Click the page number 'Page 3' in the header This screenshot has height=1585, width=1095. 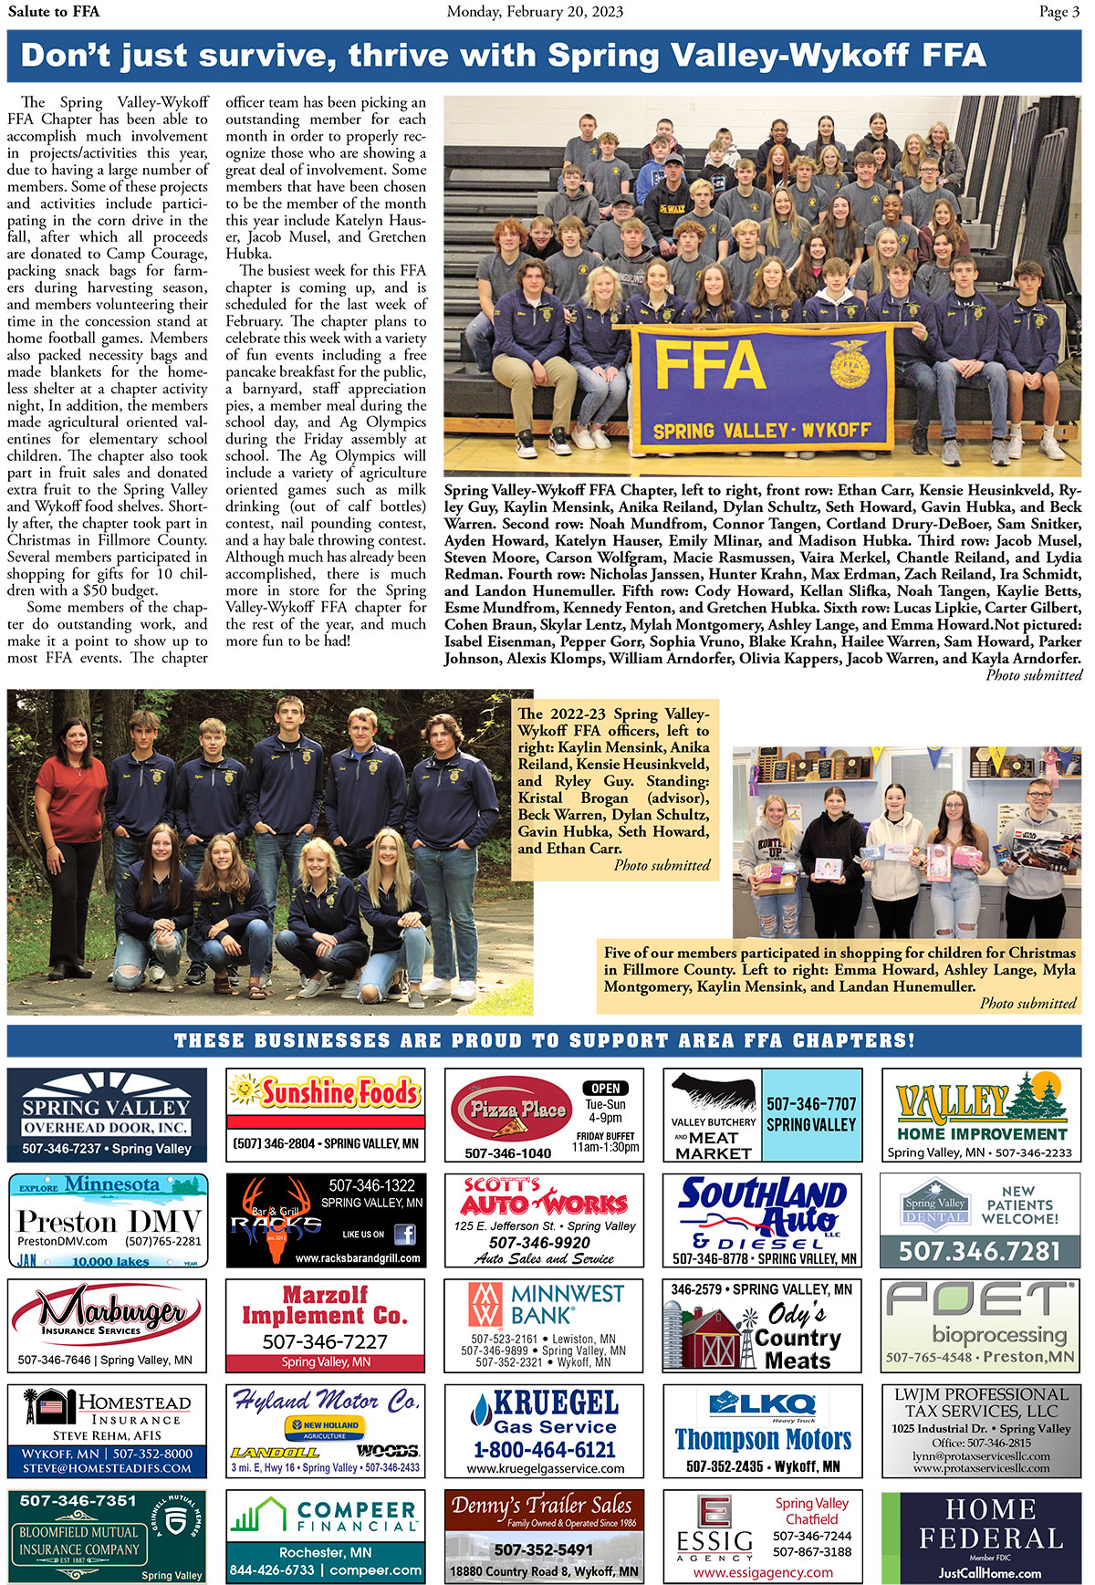click(1058, 12)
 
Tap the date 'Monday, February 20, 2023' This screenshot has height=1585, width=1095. click(535, 12)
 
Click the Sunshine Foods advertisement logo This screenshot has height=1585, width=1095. click(326, 1092)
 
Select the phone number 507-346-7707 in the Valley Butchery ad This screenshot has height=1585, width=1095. click(811, 1104)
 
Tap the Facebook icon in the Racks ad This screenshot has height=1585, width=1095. click(404, 1235)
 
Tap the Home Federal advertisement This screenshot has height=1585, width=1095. click(981, 1538)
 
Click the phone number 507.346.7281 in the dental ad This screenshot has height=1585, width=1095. click(981, 1251)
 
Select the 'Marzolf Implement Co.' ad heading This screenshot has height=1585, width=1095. click(325, 1305)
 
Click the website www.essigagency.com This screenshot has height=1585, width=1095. click(763, 1572)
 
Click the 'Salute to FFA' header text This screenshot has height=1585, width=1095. click(54, 12)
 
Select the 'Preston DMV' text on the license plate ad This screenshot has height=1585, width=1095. click(108, 1220)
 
